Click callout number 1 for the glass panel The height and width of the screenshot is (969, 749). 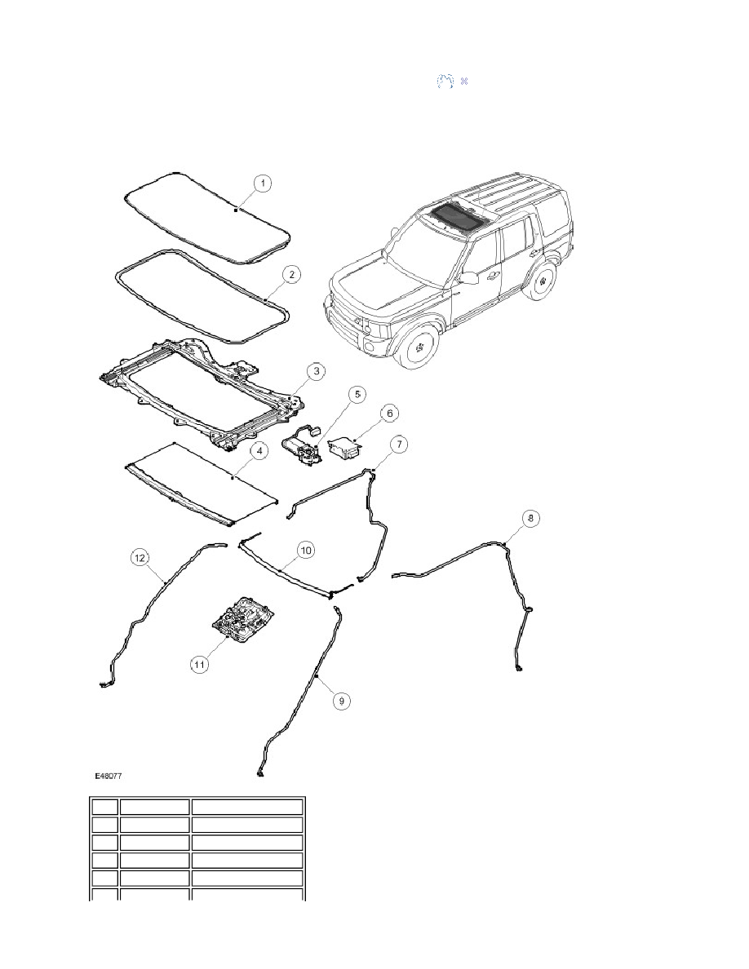[x=263, y=183]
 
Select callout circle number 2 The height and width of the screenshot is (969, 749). [x=292, y=274]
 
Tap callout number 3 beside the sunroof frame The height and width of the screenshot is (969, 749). [x=317, y=371]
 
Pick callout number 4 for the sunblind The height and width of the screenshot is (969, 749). [x=259, y=451]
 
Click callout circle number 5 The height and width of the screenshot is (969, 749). [x=357, y=394]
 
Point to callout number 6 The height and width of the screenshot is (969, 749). [x=389, y=413]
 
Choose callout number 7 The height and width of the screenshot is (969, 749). [x=400, y=444]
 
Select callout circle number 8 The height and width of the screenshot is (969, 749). [x=531, y=518]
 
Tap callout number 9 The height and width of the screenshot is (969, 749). [x=342, y=700]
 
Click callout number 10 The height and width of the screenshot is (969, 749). [x=305, y=550]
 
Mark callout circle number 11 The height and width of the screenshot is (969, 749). [x=199, y=664]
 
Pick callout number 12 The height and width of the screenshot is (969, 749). [x=140, y=557]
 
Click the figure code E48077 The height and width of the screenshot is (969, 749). [x=109, y=775]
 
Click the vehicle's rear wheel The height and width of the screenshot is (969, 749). [x=543, y=281]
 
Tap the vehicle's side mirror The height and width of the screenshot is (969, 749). [x=469, y=277]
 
